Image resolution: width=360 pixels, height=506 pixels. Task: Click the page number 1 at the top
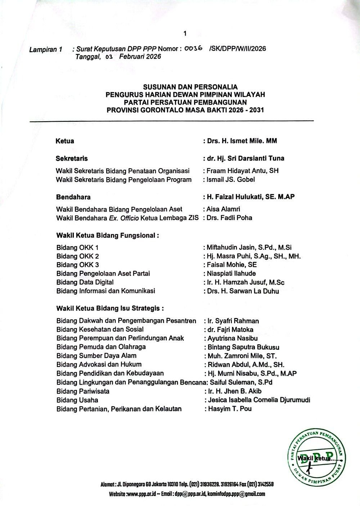tap(185, 33)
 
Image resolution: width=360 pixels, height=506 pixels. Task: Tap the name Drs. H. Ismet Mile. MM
tap(242, 141)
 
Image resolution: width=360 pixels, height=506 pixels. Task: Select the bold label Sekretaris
tap(72, 158)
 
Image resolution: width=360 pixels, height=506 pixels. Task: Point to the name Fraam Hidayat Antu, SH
tap(243, 171)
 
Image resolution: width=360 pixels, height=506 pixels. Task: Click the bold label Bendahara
tap(73, 197)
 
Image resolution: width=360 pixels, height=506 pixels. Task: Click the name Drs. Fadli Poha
tap(229, 218)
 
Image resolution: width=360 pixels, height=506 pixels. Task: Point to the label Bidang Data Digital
tap(85, 282)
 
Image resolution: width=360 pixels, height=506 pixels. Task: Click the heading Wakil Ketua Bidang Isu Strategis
tap(110, 309)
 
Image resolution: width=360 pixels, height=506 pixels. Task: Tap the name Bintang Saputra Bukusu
tap(243, 347)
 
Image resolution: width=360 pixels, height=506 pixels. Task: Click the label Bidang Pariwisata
tap(83, 391)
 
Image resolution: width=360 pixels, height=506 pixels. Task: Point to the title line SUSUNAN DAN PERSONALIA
tap(185, 87)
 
